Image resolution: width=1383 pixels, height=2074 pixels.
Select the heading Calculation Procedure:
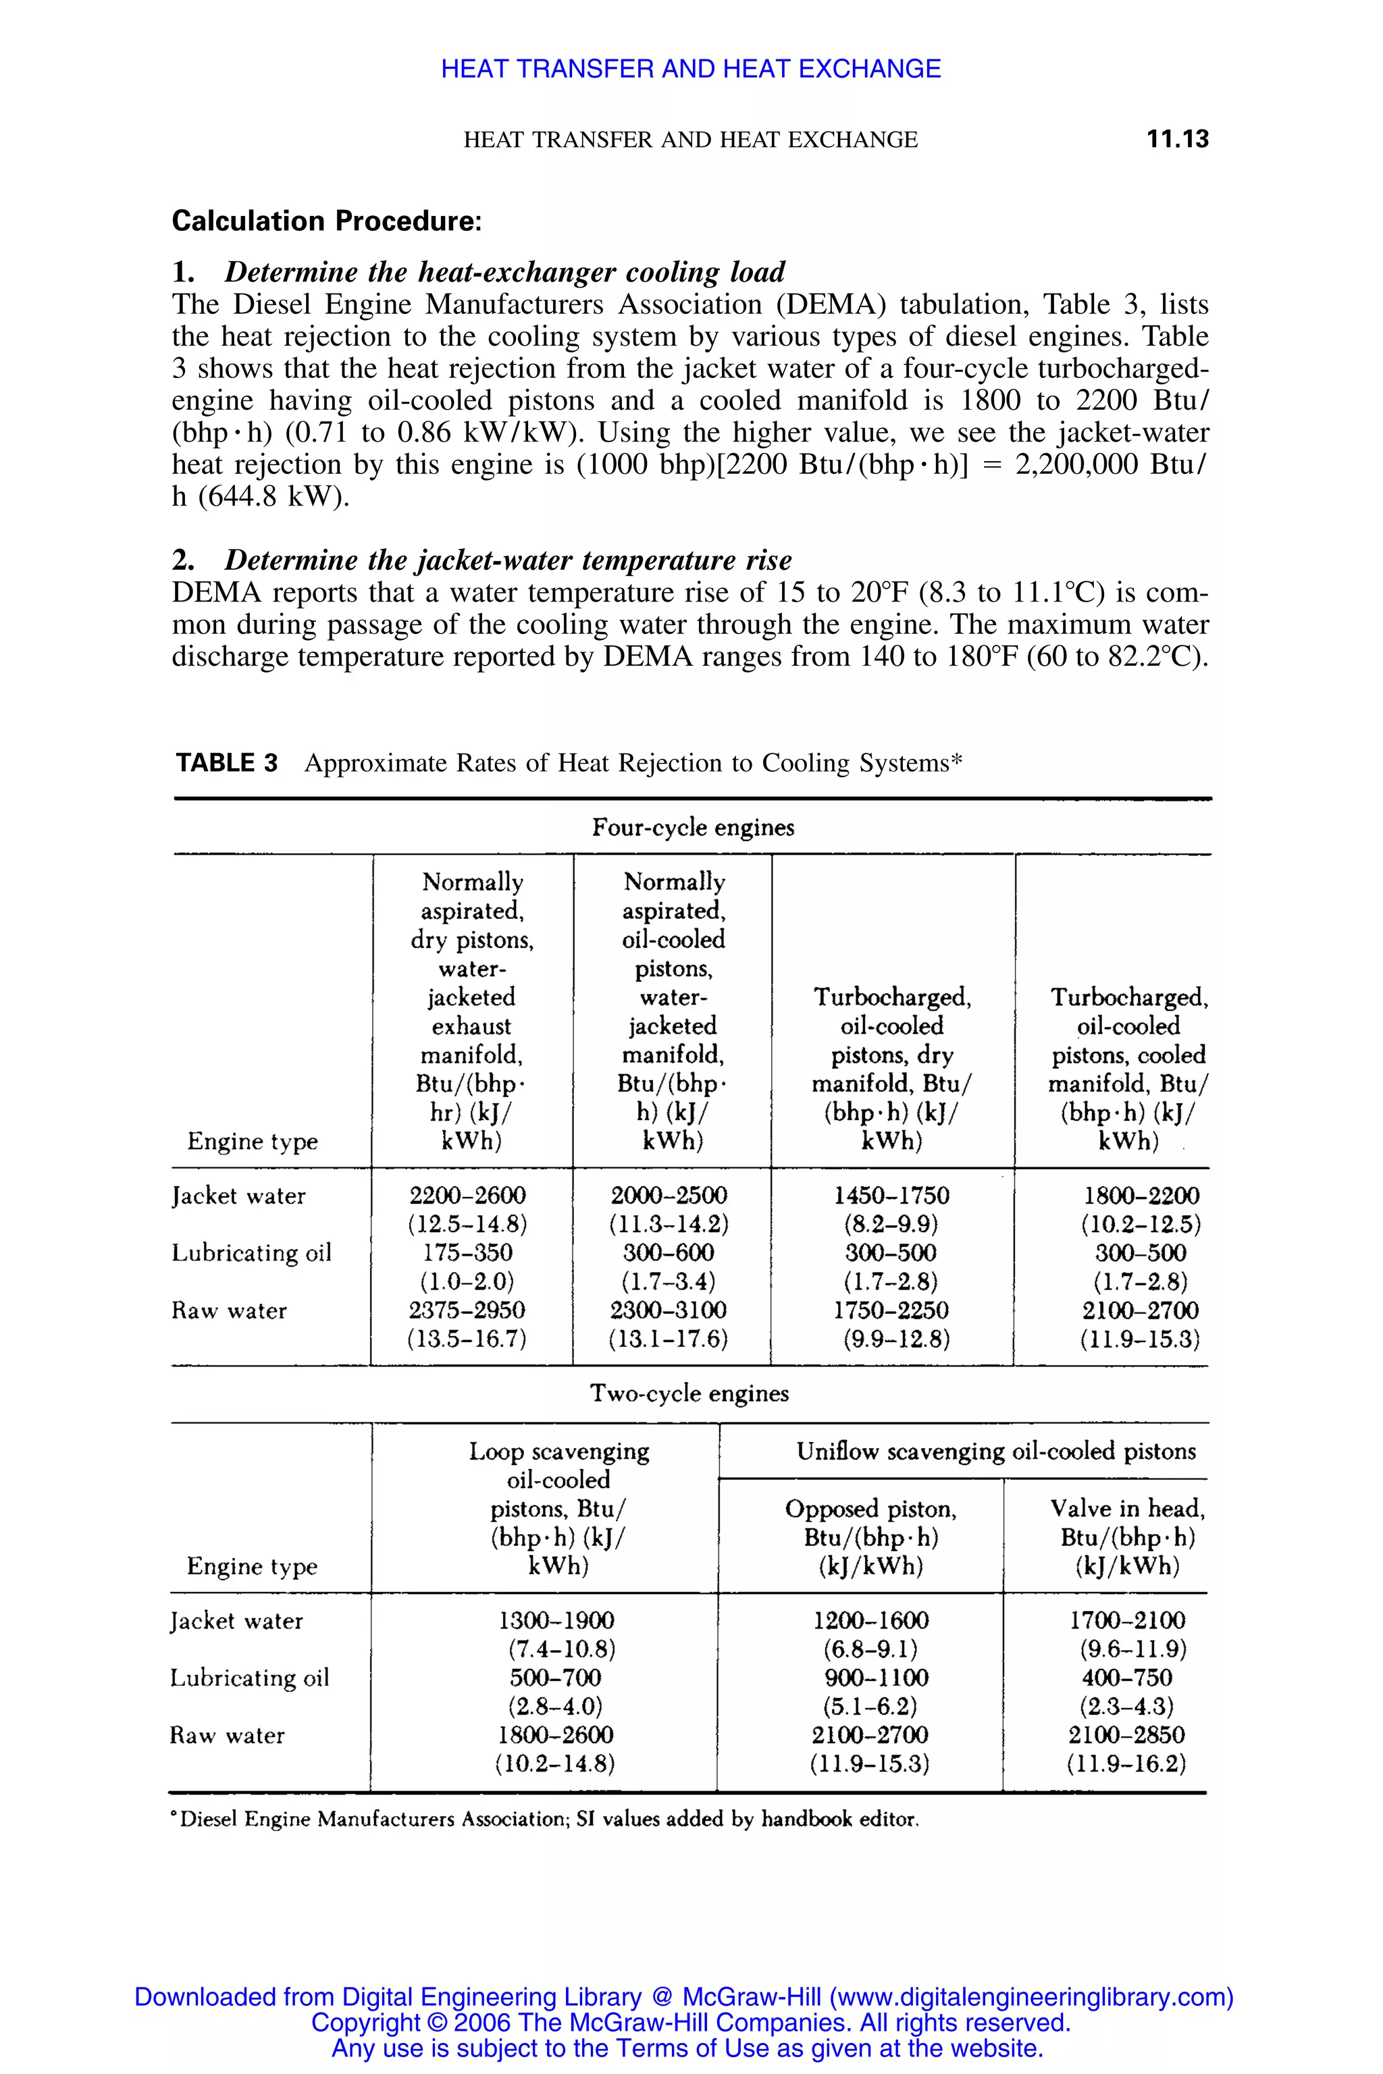[326, 221]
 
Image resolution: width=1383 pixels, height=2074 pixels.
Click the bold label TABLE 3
[227, 763]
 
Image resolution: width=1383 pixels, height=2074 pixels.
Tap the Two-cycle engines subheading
[689, 1393]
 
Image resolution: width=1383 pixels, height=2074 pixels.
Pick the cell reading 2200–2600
[467, 1196]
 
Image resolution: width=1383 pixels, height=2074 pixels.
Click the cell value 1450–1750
[891, 1196]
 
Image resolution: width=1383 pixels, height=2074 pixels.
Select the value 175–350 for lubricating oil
[467, 1253]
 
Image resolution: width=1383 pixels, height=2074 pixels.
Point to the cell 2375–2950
[467, 1310]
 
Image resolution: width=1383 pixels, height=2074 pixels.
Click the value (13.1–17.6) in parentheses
[669, 1339]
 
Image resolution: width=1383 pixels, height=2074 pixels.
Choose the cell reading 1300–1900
[556, 1621]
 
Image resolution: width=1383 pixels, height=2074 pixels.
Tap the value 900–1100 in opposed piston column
[870, 1678]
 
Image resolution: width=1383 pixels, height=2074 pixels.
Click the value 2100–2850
[1127, 1735]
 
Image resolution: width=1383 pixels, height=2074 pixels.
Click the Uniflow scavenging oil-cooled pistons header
[996, 1452]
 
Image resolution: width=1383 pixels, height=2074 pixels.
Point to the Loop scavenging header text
[559, 1452]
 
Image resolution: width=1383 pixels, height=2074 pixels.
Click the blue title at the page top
[691, 69]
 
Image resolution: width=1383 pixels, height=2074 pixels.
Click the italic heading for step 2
[507, 560]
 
